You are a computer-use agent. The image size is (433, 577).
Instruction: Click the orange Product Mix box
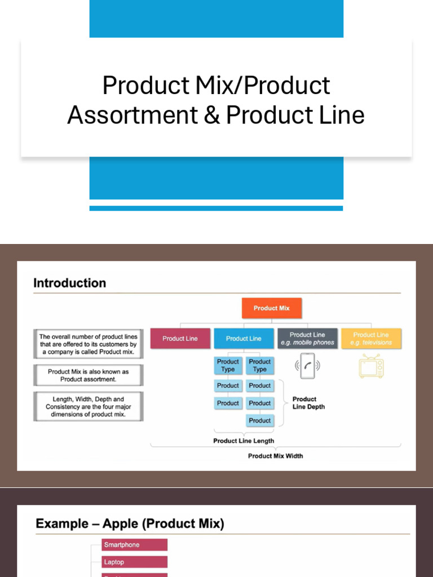[272, 308]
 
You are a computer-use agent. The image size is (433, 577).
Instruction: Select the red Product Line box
[180, 339]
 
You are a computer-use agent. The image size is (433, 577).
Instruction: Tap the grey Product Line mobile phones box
[307, 339]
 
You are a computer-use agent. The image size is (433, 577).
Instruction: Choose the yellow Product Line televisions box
[371, 339]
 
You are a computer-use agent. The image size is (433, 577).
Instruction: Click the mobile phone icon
[307, 366]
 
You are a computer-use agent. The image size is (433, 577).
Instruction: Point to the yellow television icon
[371, 366]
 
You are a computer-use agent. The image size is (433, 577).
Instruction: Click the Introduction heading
[69, 283]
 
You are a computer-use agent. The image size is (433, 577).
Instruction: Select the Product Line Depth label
[308, 403]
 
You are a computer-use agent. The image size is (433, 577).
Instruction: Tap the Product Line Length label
[244, 441]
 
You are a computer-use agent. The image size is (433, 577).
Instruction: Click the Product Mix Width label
[275, 456]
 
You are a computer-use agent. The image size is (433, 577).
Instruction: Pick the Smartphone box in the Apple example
[135, 545]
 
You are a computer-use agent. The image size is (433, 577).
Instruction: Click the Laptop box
[135, 562]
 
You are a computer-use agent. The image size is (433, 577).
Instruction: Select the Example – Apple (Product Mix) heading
[130, 524]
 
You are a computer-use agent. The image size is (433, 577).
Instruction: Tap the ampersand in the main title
[211, 115]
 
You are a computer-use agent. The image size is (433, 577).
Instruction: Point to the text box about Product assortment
[88, 375]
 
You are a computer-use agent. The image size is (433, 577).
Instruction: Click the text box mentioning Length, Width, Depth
[88, 406]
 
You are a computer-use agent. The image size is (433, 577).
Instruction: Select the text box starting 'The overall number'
[88, 344]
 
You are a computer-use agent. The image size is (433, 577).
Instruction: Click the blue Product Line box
[244, 339]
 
